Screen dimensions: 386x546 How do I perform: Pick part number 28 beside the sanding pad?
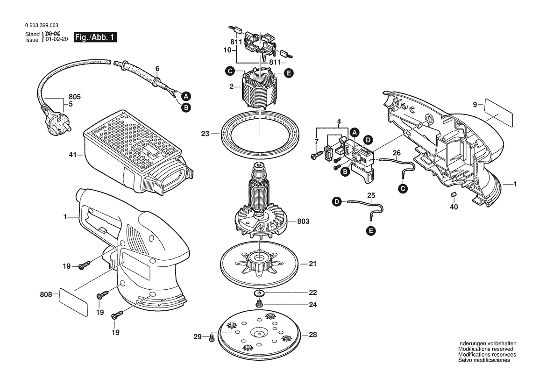pyautogui.click(x=312, y=335)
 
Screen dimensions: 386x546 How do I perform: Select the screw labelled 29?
pyautogui.click(x=212, y=336)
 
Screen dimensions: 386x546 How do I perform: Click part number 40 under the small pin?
pyautogui.click(x=454, y=207)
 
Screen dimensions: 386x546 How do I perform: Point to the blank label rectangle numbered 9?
pyautogui.click(x=498, y=112)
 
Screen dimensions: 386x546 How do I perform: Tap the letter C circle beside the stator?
pyautogui.click(x=229, y=71)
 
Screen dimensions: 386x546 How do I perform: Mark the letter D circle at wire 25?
pyautogui.click(x=336, y=202)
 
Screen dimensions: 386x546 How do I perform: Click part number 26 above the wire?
pyautogui.click(x=397, y=152)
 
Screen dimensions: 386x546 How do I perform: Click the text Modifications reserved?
pyautogui.click(x=486, y=349)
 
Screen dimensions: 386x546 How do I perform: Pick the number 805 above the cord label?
pyautogui.click(x=75, y=97)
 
